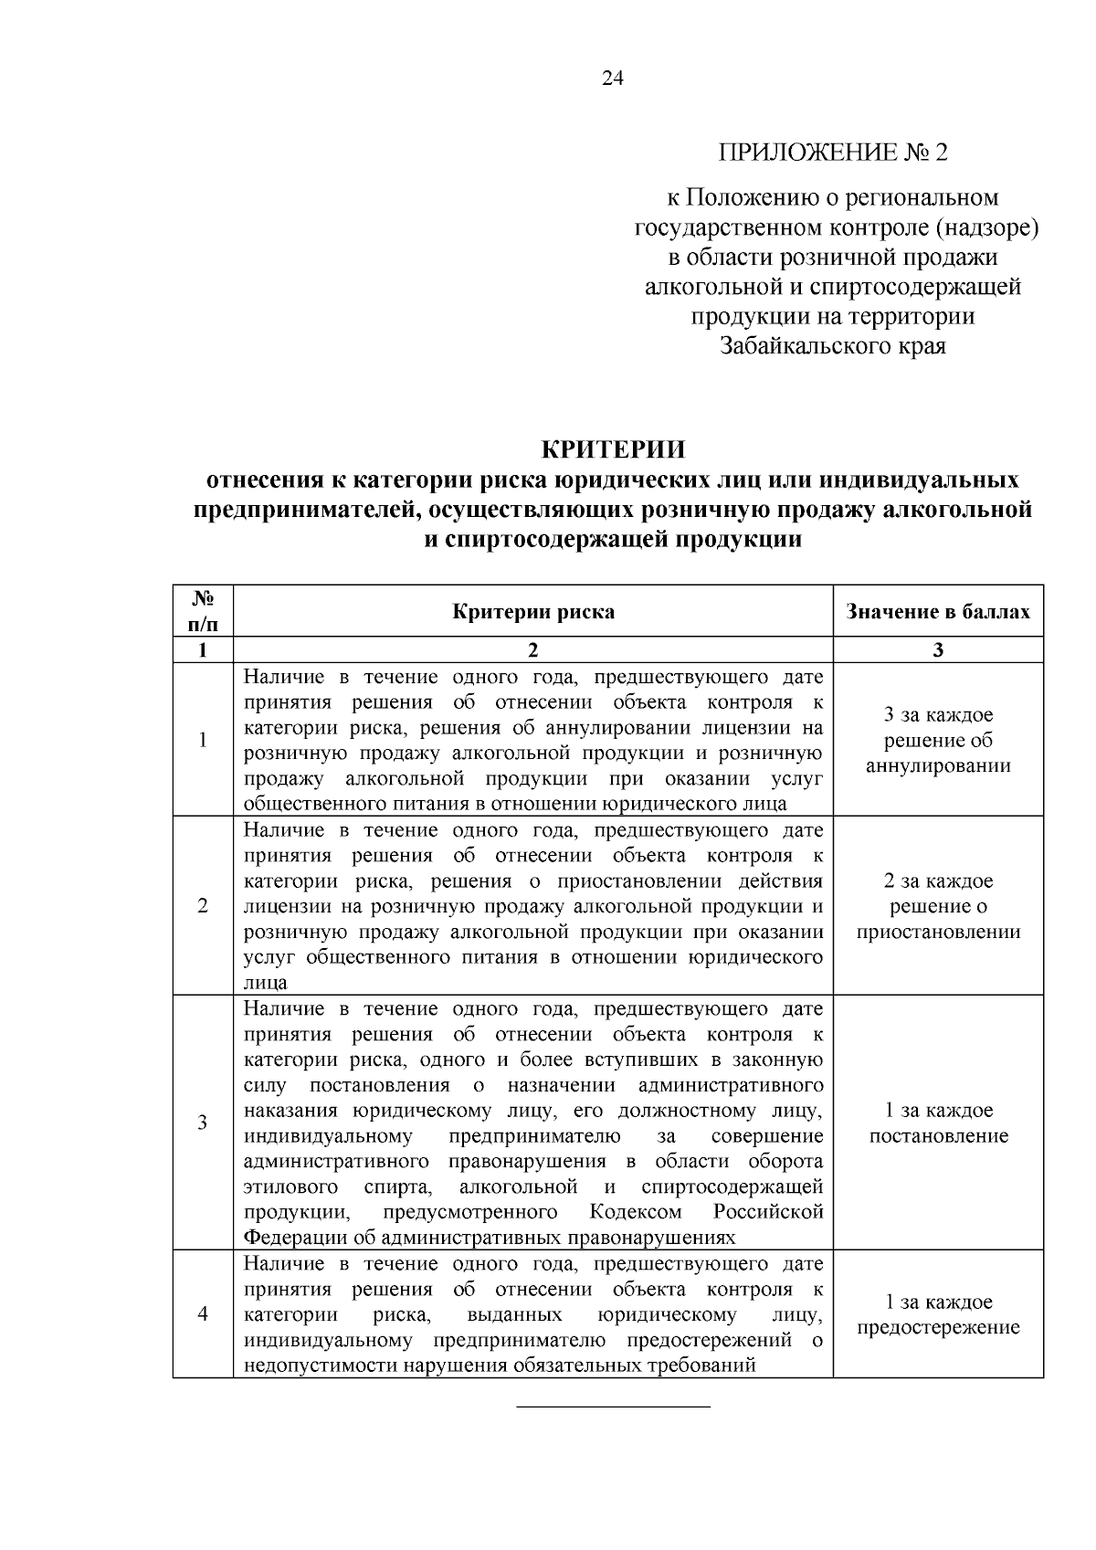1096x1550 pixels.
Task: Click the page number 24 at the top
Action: click(x=613, y=79)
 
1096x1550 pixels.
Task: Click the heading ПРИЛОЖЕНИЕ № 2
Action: click(x=833, y=152)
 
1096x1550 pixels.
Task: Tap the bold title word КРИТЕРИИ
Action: click(x=613, y=450)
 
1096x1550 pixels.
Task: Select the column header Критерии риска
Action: click(x=533, y=611)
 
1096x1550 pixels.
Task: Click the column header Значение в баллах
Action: click(x=938, y=611)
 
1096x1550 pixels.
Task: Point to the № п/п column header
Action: click(x=203, y=611)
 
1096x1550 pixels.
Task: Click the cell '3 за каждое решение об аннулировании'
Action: click(x=938, y=740)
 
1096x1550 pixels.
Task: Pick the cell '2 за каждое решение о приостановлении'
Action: click(x=938, y=906)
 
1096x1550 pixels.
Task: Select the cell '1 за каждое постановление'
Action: click(x=938, y=1123)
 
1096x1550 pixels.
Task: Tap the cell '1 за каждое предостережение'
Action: click(x=938, y=1314)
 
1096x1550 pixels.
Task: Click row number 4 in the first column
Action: click(x=203, y=1314)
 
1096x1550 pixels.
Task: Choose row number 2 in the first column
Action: click(x=203, y=906)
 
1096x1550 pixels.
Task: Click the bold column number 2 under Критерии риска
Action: click(x=533, y=650)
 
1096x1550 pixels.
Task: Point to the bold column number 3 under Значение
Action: click(x=938, y=650)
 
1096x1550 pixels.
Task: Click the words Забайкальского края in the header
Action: click(x=833, y=346)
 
